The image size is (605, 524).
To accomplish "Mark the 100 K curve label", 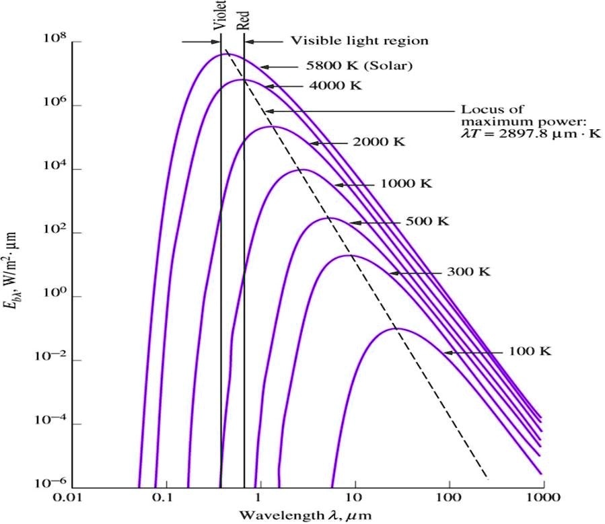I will (527, 352).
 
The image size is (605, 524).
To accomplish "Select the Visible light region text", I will (359, 41).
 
